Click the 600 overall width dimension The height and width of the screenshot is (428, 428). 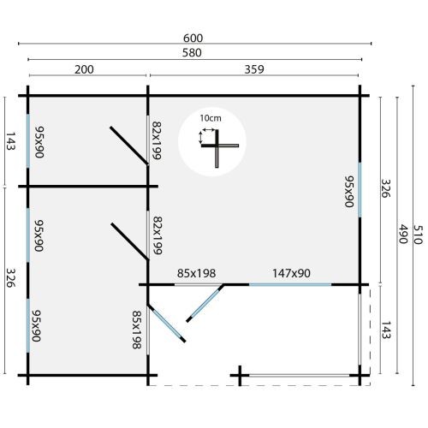coord(193,39)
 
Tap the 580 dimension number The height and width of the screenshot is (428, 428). coord(192,53)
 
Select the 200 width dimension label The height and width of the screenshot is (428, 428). coord(84,69)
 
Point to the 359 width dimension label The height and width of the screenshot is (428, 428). coord(254,69)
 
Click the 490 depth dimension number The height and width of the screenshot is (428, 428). coord(402,234)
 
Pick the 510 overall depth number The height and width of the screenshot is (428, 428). coord(418,235)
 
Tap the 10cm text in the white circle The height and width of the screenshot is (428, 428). coord(211,118)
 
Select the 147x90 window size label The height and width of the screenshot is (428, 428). coord(291,273)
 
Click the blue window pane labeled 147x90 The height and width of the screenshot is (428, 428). coord(290,284)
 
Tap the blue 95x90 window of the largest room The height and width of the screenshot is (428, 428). coord(360,190)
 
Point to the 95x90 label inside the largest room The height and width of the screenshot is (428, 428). coord(349,191)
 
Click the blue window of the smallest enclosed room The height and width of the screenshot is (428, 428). coord(28,141)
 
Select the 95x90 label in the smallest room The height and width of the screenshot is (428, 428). coord(39,142)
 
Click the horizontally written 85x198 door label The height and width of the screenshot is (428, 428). coord(196,273)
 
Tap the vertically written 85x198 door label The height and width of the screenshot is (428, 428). coord(137,330)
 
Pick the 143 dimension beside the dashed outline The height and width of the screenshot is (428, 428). coord(386,330)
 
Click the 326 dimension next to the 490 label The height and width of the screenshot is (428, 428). coord(386,188)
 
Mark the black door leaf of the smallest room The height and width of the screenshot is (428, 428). coord(129,146)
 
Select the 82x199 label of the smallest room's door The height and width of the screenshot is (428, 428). coord(157,140)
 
